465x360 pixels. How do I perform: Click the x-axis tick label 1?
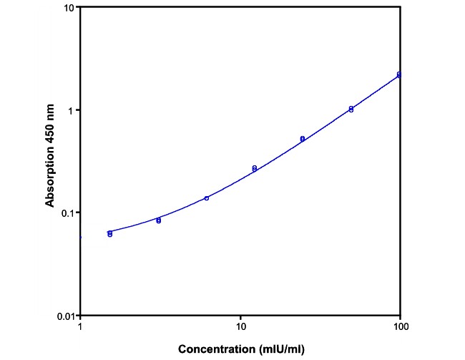coord(80,327)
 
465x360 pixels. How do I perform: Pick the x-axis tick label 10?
coord(240,327)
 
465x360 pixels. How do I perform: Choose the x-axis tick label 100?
coord(400,327)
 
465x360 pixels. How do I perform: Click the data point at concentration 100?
coord(399,74)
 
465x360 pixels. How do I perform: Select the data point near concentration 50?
coord(351,109)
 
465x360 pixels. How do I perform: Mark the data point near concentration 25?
coord(303,138)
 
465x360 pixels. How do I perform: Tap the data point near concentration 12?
coord(255,168)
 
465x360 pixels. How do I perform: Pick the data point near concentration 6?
coord(207,198)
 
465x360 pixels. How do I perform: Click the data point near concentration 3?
coord(159,220)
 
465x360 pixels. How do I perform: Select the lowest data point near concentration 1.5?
coord(110,235)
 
